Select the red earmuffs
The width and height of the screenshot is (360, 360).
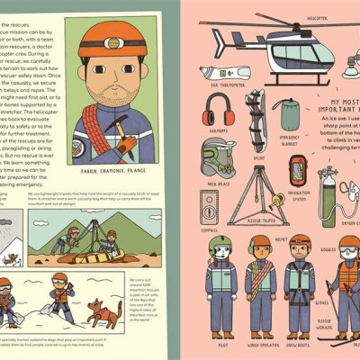(219, 111)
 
